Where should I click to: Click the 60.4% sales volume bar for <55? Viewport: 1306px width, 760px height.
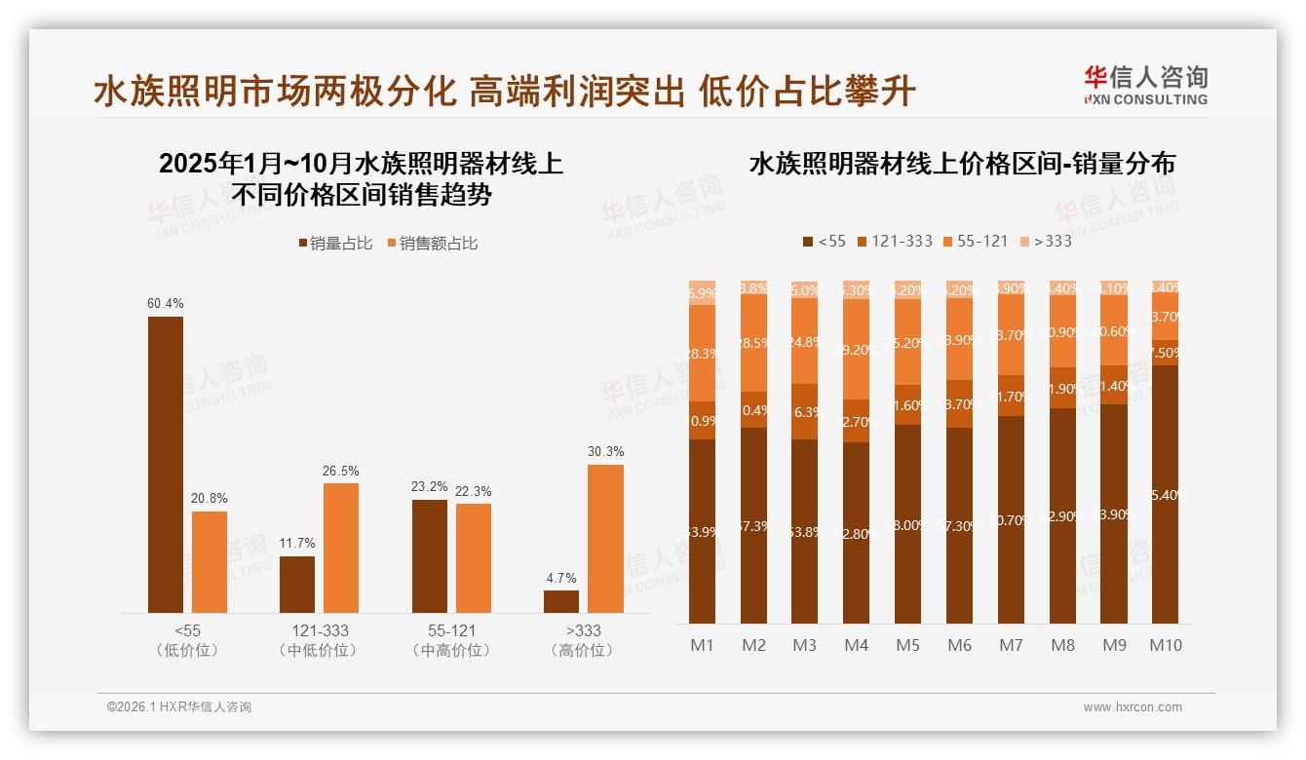coord(165,465)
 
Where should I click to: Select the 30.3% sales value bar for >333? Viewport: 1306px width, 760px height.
coord(605,539)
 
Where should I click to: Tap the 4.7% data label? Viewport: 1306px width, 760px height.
coord(560,578)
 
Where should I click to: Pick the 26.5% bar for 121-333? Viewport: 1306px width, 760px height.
coord(341,548)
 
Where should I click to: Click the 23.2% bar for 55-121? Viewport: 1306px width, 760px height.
coord(430,556)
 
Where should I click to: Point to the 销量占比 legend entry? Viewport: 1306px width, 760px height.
coord(334,244)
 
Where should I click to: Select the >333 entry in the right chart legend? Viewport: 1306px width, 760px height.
coord(1045,241)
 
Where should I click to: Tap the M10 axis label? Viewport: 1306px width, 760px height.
coord(1166,645)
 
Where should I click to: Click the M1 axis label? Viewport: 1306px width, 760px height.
coord(702,645)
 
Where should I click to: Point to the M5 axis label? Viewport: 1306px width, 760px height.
coord(907,645)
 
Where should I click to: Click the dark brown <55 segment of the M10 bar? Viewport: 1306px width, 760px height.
coord(1166,494)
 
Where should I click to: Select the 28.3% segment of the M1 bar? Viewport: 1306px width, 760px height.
coord(702,353)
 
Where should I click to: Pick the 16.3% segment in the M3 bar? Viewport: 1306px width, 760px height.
coord(805,411)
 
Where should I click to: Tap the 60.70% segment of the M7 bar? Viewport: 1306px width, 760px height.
coord(1011,519)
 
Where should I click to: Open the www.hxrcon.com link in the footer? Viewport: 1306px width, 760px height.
coord(1133,707)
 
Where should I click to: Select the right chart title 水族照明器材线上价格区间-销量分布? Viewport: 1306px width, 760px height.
coord(961,164)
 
